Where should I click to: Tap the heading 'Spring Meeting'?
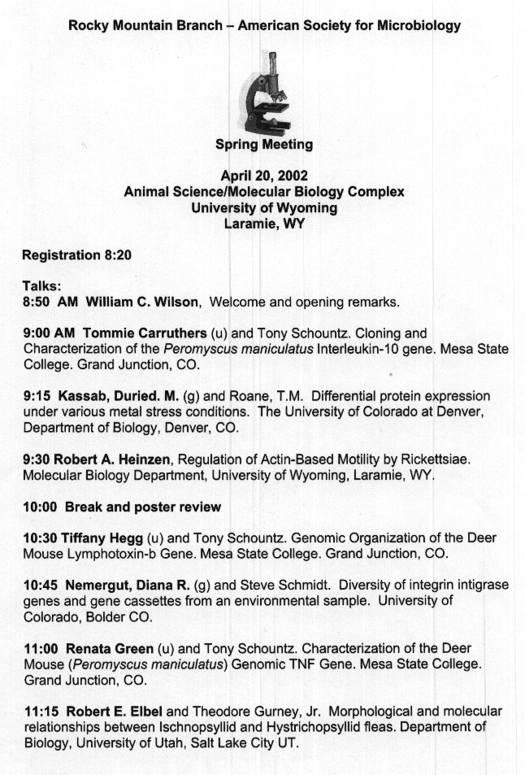pos(264,145)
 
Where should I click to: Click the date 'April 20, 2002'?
pos(264,175)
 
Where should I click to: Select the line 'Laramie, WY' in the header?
pos(264,224)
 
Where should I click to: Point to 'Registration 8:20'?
pos(76,255)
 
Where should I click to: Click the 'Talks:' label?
pos(42,286)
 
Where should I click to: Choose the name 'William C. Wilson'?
pos(142,302)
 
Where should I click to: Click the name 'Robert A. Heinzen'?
pos(111,459)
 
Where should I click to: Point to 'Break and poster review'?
pos(143,507)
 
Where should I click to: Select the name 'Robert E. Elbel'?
pos(115,712)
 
